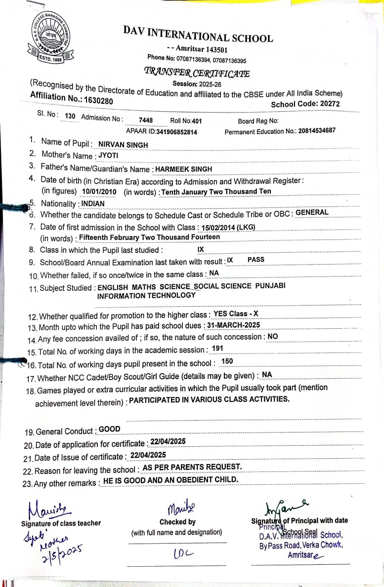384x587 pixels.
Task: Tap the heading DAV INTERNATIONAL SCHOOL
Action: point(198,34)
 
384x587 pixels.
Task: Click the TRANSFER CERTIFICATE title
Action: point(197,73)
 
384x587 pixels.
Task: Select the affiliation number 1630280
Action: point(99,100)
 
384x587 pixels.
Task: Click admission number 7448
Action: point(146,120)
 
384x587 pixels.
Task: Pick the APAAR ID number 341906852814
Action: point(176,132)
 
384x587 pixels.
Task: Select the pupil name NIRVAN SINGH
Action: point(123,145)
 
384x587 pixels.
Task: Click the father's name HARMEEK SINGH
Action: point(184,169)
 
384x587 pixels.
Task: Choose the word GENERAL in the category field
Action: point(312,213)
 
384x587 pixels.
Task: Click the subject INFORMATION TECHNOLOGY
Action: point(146,295)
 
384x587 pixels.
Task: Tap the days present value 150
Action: point(227,361)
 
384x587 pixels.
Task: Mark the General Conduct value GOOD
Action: point(109,430)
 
